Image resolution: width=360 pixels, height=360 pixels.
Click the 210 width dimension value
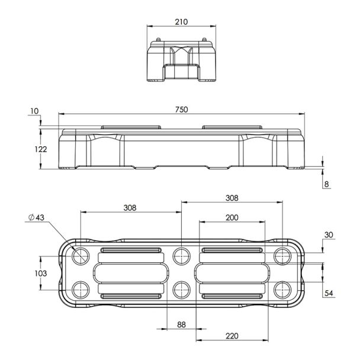click(x=181, y=22)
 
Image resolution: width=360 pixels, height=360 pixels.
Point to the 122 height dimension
click(x=41, y=149)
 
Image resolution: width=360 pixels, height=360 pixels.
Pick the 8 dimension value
click(x=326, y=185)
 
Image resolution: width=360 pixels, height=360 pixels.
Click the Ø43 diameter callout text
click(x=36, y=218)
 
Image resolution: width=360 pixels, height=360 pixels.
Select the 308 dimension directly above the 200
click(x=232, y=198)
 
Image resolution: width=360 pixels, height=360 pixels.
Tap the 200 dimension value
click(x=232, y=218)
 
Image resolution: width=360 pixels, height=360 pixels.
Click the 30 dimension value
click(x=329, y=235)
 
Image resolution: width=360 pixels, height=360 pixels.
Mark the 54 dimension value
click(x=329, y=292)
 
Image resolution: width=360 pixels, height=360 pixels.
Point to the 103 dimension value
click(x=41, y=274)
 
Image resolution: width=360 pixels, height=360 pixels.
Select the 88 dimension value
click(x=181, y=324)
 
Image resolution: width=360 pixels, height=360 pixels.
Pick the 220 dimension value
click(x=232, y=336)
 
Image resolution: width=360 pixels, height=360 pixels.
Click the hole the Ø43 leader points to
click(x=80, y=257)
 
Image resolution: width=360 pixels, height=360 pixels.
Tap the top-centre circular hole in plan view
click(x=181, y=257)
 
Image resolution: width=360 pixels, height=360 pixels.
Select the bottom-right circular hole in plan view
click(x=282, y=289)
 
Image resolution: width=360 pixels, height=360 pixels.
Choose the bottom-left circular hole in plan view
click(x=80, y=289)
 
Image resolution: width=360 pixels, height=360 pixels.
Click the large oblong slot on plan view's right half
click(x=232, y=273)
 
